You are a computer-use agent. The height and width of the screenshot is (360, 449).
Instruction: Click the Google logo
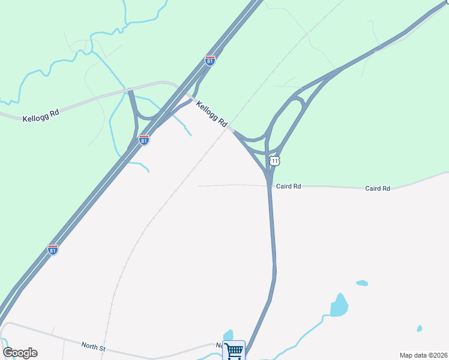tap(20, 353)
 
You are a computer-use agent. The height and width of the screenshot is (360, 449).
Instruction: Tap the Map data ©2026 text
tap(424, 355)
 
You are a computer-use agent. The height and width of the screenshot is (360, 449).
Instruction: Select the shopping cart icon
tap(234, 350)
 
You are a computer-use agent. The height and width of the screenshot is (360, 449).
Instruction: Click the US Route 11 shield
tap(274, 161)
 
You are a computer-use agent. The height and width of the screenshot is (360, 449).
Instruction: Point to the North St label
tap(94, 347)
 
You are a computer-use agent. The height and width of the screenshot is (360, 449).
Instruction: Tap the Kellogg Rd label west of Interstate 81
tap(41, 116)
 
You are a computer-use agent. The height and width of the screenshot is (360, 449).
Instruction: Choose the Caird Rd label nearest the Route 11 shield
tap(288, 187)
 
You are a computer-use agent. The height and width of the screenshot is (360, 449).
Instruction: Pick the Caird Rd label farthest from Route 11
tap(378, 188)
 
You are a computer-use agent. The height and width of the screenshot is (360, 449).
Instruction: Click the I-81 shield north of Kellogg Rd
tap(209, 61)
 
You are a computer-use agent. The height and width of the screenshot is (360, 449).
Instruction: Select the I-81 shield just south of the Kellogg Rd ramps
tap(144, 140)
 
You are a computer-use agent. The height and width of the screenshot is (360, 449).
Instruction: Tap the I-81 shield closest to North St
tap(53, 250)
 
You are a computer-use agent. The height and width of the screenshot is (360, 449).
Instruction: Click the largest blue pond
tap(339, 305)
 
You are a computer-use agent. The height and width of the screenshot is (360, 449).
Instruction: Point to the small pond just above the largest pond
tap(361, 283)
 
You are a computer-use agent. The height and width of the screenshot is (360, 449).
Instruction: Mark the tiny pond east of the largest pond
tap(419, 328)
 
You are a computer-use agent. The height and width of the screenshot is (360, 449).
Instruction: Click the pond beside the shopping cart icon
tap(228, 335)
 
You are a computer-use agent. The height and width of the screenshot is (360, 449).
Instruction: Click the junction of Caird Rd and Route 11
tap(269, 185)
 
